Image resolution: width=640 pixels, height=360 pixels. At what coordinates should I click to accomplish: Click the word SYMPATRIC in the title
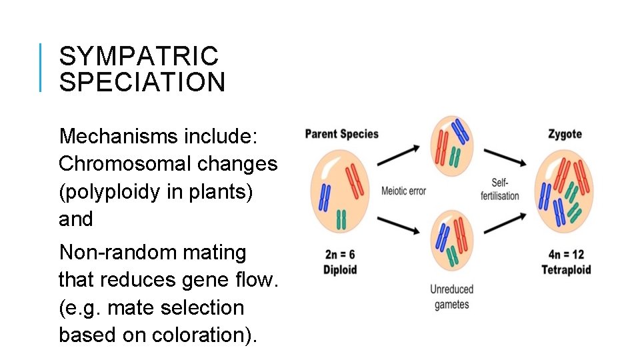[x=138, y=56]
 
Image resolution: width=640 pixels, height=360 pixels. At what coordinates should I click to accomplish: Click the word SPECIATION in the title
[x=142, y=83]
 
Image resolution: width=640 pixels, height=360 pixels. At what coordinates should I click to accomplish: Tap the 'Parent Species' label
[x=341, y=134]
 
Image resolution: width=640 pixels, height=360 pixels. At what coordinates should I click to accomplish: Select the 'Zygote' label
[x=565, y=134]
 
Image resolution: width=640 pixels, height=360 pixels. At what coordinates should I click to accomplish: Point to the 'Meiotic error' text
[x=403, y=191]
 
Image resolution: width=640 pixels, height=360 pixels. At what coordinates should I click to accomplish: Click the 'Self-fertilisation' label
[x=499, y=189]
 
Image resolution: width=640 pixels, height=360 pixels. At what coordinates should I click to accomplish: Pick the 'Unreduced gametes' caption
[x=451, y=297]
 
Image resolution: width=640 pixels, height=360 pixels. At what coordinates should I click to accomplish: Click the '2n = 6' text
[x=340, y=254]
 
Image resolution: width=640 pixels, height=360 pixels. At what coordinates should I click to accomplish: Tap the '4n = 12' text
[x=566, y=254]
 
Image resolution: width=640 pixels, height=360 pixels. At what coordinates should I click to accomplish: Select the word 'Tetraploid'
[x=566, y=270]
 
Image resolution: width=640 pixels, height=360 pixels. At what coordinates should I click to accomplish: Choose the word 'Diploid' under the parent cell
[x=340, y=270]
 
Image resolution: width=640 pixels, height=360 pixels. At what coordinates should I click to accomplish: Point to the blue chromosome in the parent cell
[x=325, y=197]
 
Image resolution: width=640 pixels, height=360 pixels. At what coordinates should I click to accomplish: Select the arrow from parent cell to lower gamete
[x=398, y=227]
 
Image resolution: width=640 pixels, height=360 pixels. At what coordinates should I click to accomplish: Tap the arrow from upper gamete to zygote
[x=505, y=157]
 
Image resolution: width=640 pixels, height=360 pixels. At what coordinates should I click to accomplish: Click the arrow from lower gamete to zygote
[x=505, y=224]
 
